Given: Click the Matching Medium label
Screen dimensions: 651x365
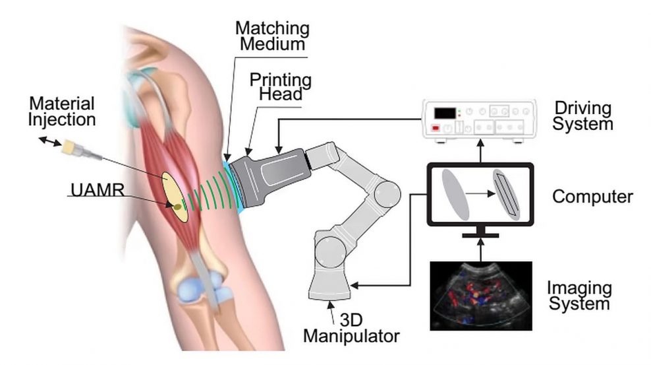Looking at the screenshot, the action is [x=272, y=36].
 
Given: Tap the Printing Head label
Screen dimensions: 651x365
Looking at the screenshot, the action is [x=280, y=86].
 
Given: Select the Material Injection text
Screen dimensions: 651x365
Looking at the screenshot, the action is [x=62, y=112].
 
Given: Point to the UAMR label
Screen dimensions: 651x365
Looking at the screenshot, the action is [x=98, y=190].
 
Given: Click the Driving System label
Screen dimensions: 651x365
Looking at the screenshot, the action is [x=582, y=116].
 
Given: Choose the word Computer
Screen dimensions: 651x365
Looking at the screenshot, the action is [x=592, y=197].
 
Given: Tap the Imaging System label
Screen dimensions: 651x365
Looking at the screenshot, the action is [x=579, y=296].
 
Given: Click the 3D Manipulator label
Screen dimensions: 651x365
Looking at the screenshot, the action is [x=351, y=328].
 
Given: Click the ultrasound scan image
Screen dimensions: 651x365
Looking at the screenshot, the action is [x=481, y=296].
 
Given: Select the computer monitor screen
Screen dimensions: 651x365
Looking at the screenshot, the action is [x=480, y=194].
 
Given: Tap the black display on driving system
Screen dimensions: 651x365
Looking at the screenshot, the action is [x=445, y=113].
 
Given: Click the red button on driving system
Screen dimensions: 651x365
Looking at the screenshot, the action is [x=436, y=128].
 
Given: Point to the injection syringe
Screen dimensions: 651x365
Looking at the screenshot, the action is [x=82, y=150].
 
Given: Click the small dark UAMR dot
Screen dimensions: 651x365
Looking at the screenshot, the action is [x=177, y=206].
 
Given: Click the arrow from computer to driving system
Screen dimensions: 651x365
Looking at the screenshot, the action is [x=480, y=151].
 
